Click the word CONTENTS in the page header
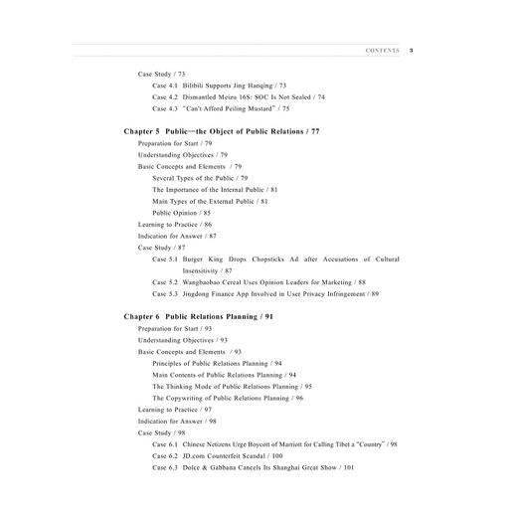(x=383, y=49)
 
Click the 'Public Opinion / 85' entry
(x=181, y=213)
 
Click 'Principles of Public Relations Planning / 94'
(x=217, y=363)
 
